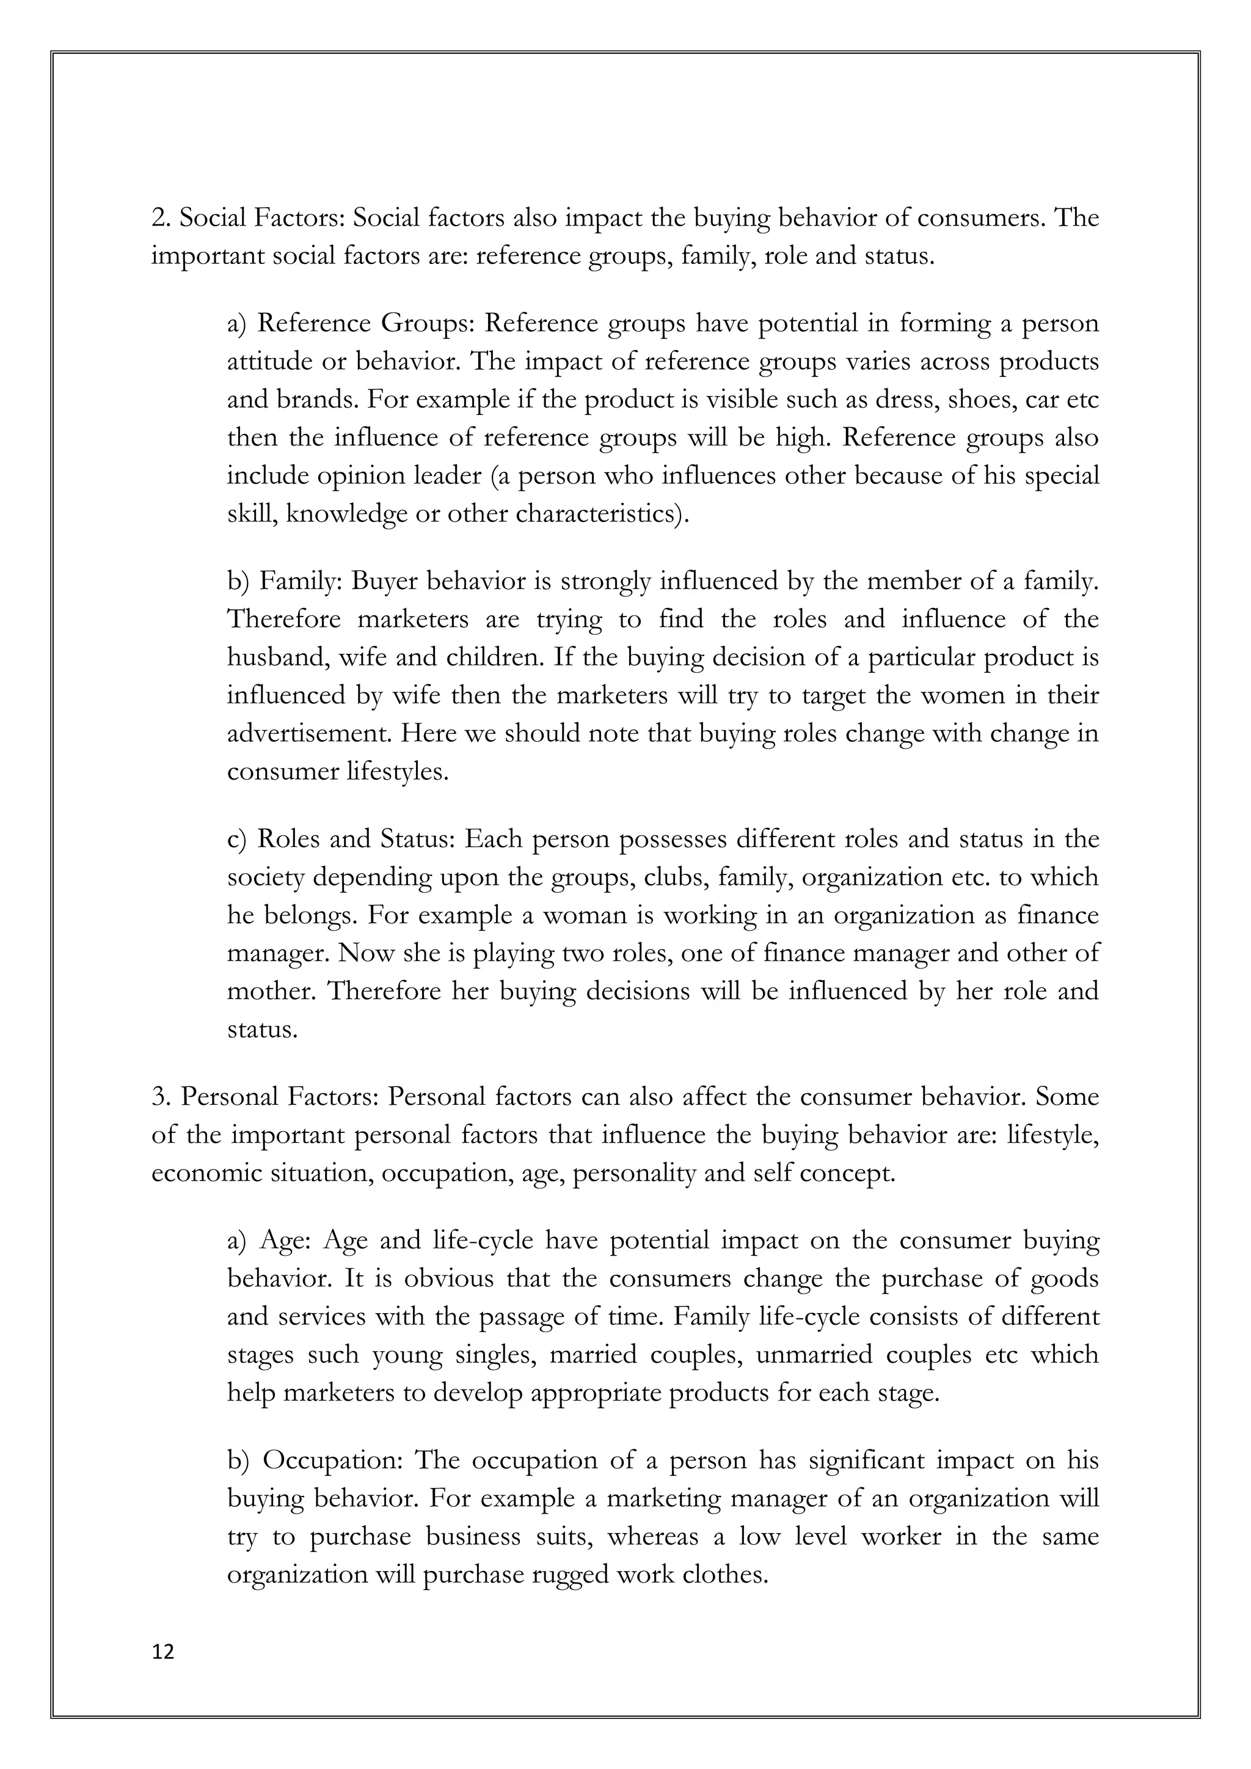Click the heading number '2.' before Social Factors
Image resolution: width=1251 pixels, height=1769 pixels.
click(161, 219)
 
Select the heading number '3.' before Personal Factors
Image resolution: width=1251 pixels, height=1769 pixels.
click(162, 1096)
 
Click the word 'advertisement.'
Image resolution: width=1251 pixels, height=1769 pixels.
click(310, 733)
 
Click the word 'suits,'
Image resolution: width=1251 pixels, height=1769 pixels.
click(566, 1536)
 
